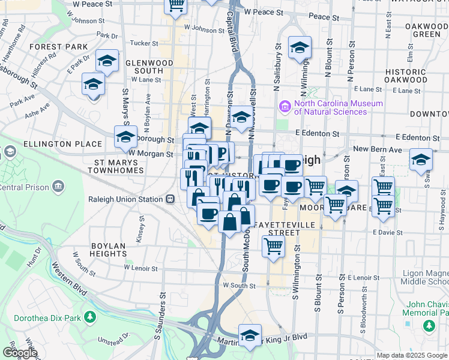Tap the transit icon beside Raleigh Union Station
tap(170, 199)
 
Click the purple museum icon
tap(284, 107)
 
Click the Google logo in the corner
tap(20, 353)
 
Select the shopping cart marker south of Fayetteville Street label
tap(273, 245)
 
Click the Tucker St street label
tap(144, 43)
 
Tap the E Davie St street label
tap(386, 232)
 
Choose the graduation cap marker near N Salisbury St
tap(300, 48)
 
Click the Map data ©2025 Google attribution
tap(412, 355)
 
